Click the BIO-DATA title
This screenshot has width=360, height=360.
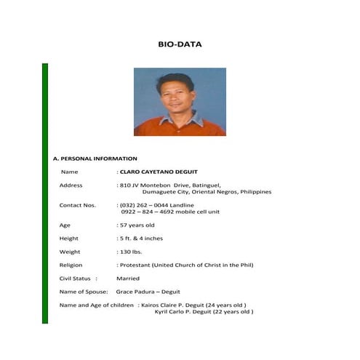pos(180,44)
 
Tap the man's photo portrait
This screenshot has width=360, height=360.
pos(180,102)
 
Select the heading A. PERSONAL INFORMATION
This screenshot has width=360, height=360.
pos(95,158)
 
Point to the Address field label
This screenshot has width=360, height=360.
pos(71,185)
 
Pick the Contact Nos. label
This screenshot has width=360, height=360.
pos(77,205)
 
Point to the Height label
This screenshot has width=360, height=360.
pos(69,239)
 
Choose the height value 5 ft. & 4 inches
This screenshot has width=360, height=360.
pos(142,239)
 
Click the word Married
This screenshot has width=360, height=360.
pos(128,279)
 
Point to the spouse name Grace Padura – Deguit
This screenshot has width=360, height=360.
pos(148,292)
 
